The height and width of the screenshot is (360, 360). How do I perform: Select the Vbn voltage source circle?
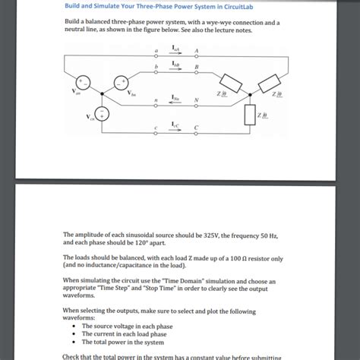click(120, 82)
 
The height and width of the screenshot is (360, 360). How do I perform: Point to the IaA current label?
click(175, 48)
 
